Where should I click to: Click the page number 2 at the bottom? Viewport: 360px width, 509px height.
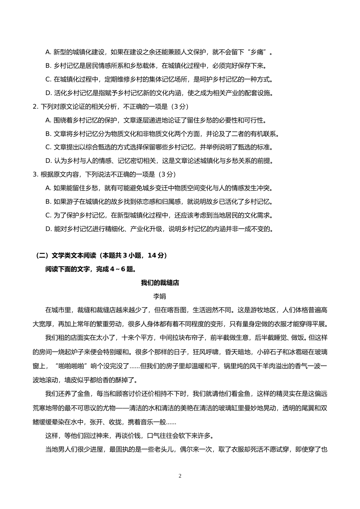(180, 476)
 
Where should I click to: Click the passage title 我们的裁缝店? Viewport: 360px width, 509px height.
(160, 283)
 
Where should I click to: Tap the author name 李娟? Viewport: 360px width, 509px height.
(160, 297)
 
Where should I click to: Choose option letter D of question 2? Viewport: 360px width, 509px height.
(48, 161)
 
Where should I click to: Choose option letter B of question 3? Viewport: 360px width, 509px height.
(48, 202)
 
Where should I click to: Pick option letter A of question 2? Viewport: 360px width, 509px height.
(48, 120)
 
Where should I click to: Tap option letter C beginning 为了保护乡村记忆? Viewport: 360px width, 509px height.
(48, 215)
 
